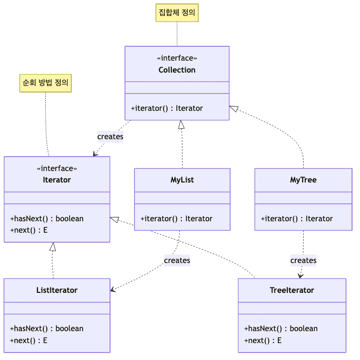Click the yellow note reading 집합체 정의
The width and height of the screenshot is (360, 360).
pos(177,13)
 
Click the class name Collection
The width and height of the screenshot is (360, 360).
pos(177,70)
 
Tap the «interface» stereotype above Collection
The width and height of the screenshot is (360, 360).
pos(177,58)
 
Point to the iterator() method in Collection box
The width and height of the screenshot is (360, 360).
pos(167,108)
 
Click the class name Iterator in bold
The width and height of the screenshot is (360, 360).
pos(57,180)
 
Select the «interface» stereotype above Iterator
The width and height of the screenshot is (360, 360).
pos(57,169)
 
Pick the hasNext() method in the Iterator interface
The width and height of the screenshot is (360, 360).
pos(47,218)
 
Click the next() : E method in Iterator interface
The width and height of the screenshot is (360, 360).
pos(29,230)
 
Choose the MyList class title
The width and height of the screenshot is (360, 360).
pos(182,180)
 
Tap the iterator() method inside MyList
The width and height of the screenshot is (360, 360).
pos(176,218)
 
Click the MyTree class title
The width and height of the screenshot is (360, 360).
pos(303,180)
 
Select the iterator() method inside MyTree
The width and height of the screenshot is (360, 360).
pos(297,218)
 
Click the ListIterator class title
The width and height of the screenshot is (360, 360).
pos(57,290)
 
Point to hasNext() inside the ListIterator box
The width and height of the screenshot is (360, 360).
pos(47,328)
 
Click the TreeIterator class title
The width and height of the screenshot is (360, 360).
pos(292,290)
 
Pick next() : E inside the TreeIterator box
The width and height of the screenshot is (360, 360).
pos(263,341)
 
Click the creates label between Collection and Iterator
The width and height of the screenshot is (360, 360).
pos(110,136)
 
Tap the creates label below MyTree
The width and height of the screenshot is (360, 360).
pos(303,260)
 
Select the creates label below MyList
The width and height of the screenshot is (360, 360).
pos(177,260)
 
